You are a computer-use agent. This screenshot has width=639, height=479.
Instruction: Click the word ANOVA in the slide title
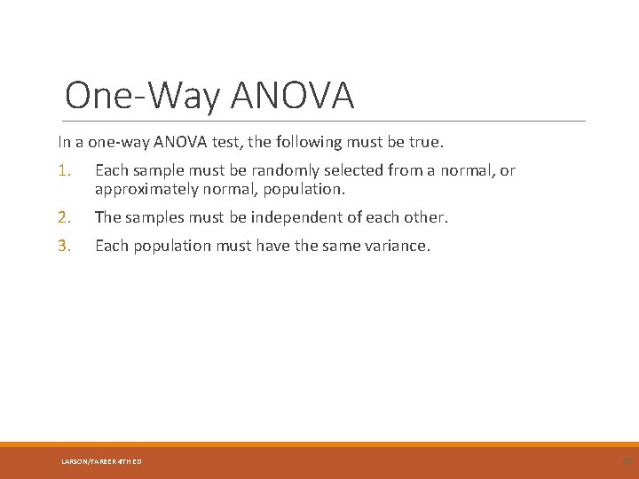[292, 96]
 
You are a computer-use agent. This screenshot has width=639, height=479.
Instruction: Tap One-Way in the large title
[143, 96]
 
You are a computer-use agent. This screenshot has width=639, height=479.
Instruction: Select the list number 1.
[64, 170]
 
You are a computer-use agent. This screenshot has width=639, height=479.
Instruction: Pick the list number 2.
[64, 217]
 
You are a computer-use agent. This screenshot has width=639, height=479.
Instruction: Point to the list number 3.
[64, 246]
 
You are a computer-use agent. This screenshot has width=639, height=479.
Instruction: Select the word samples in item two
[154, 217]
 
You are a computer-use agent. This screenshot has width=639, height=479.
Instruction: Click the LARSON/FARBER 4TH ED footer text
[101, 461]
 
